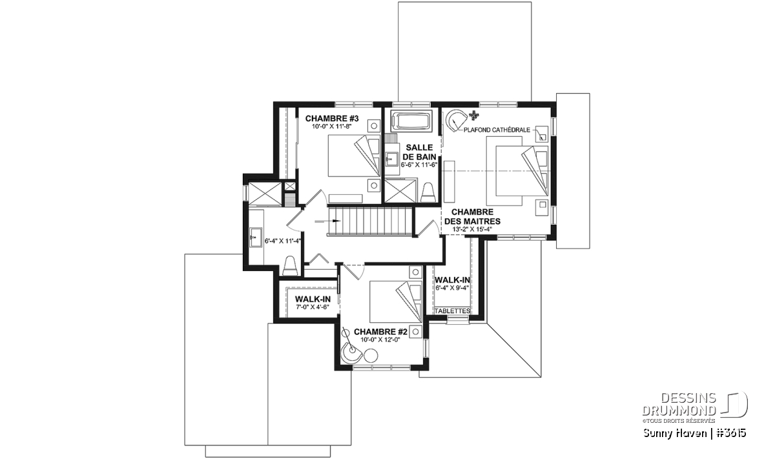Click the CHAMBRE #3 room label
[332, 119]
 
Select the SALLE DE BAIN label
[419, 152]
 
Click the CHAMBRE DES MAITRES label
[472, 216]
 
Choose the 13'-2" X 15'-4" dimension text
[472, 229]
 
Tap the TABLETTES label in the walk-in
[452, 311]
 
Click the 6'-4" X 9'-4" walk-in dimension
[452, 288]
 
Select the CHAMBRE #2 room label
[380, 332]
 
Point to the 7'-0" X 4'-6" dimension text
[312, 307]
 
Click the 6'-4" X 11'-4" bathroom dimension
[283, 241]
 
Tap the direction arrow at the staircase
[327, 220]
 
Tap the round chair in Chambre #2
[351, 354]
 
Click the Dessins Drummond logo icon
[734, 405]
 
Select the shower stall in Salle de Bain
[401, 190]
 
